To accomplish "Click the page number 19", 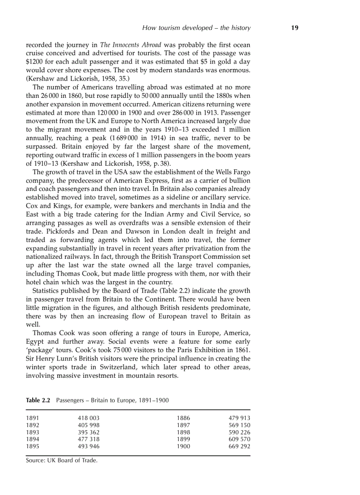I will [x=295, y=28].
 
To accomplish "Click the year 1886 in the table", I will [x=183, y=418].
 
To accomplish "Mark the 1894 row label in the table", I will [x=33, y=439].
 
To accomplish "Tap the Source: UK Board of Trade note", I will [x=61, y=461].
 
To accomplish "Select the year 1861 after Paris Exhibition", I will [x=242, y=350].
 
